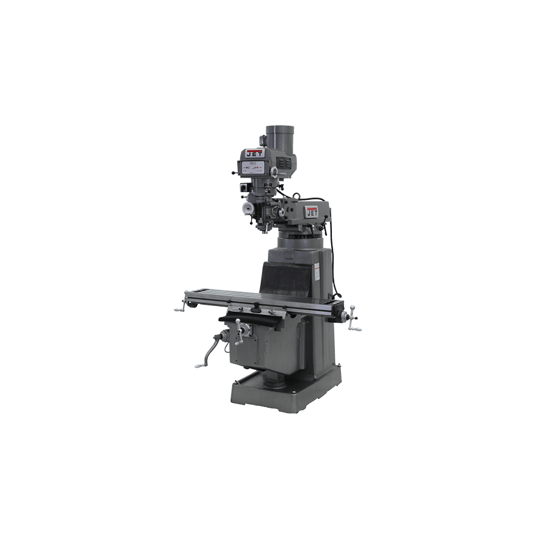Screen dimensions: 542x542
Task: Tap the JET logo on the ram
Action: click(313, 213)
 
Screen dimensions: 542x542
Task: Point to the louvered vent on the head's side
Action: click(284, 163)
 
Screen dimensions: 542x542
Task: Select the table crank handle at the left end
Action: click(179, 309)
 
